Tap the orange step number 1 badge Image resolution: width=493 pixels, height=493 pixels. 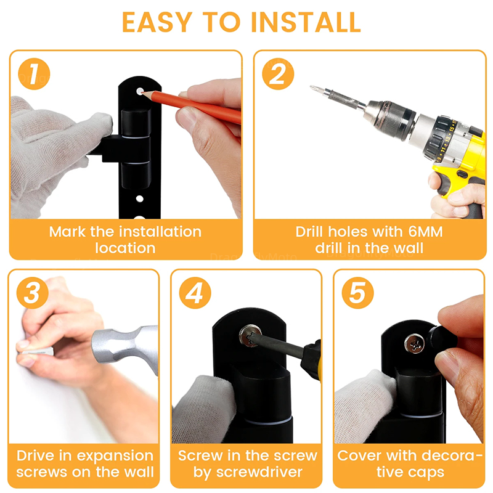[34, 74]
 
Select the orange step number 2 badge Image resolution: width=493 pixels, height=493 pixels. [278, 74]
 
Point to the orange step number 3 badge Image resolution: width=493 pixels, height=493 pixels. [33, 293]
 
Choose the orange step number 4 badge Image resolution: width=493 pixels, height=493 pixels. [195, 293]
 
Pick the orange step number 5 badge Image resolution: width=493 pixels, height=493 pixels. [358, 293]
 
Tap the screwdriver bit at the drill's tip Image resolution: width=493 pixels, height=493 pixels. [318, 89]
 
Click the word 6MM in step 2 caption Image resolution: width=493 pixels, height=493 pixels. [425, 232]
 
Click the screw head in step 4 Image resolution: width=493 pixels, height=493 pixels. [250, 336]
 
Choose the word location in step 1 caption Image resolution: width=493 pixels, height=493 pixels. [126, 248]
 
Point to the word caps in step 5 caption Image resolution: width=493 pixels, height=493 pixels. [427, 472]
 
